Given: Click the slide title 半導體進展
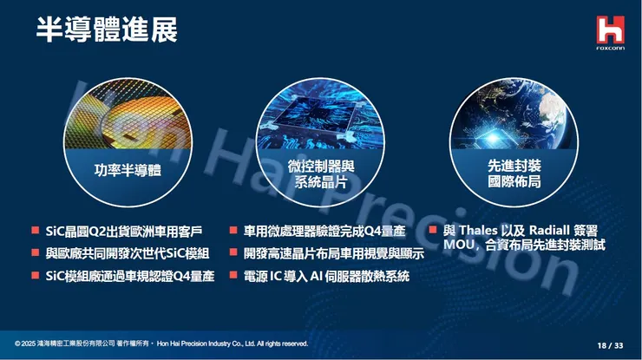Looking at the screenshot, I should pos(107,29).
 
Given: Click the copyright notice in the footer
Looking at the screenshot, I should pos(161,344).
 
